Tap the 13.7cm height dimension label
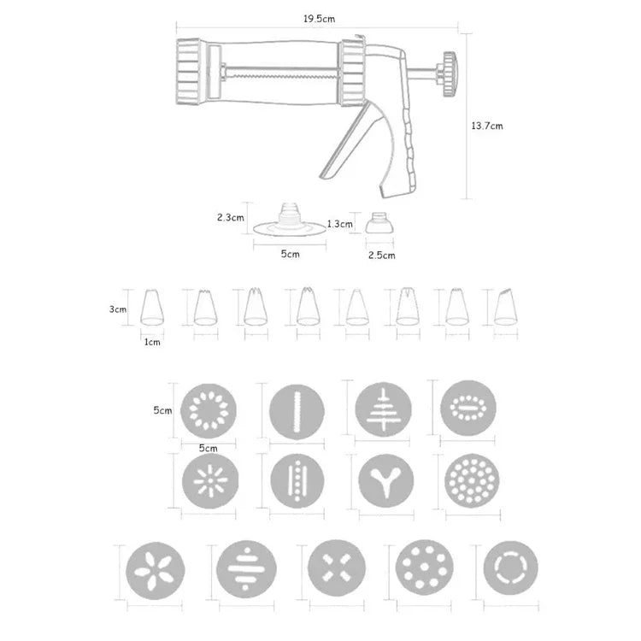[x=486, y=126]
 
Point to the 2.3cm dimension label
[x=231, y=217]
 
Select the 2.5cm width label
[x=381, y=255]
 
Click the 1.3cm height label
[x=339, y=224]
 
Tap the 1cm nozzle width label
[x=152, y=341]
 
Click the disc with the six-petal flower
[x=154, y=569]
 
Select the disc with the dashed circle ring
[x=510, y=567]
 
